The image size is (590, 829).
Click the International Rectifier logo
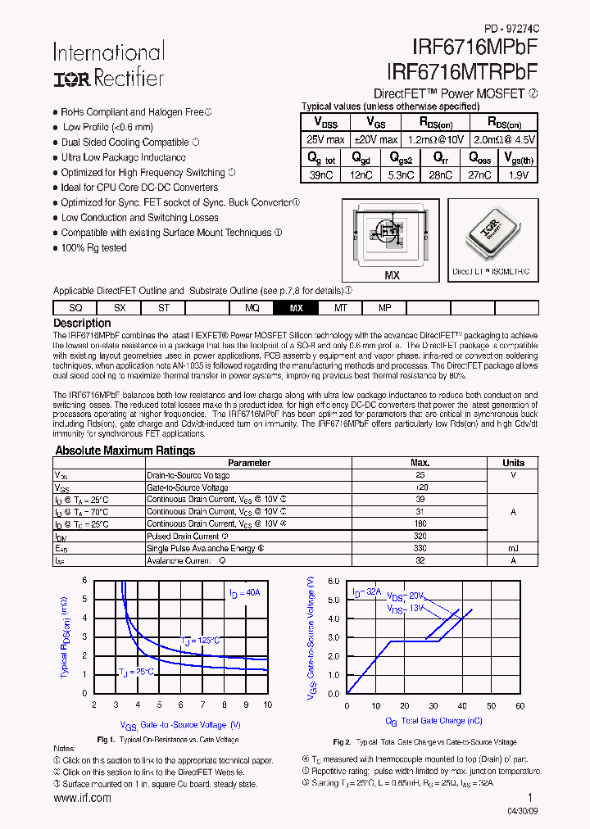108,65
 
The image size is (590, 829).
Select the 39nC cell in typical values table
322,174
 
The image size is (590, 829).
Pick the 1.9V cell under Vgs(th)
518,174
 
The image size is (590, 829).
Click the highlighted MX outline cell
297,308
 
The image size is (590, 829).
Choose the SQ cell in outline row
75,308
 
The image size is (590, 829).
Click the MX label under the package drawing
392,276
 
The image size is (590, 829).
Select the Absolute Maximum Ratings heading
125,451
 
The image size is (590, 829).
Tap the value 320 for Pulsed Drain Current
420,536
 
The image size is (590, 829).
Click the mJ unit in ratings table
513,548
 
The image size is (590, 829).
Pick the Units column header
513,463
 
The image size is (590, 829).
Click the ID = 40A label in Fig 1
244,593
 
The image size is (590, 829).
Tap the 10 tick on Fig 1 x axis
268,704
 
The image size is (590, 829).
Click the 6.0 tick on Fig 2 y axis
333,581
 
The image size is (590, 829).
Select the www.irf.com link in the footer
82,798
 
